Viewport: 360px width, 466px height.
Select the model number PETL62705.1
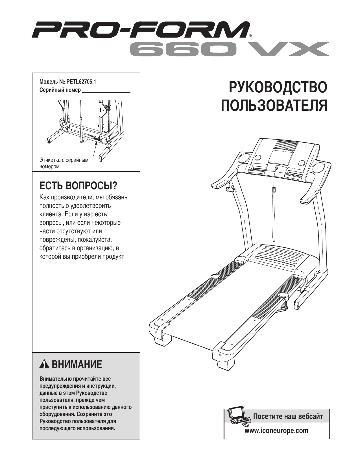pyautogui.click(x=81, y=82)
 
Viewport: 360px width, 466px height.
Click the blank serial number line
pyautogui.click(x=106, y=91)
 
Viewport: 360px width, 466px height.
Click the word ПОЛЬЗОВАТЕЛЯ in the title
pyautogui.click(x=274, y=105)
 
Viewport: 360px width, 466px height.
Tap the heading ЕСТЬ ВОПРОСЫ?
pyautogui.click(x=78, y=186)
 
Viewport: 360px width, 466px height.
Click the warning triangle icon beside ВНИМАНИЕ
pyautogui.click(x=44, y=365)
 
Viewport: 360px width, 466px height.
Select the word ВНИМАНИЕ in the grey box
pyautogui.click(x=77, y=365)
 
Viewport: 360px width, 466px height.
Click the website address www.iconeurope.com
pyautogui.click(x=276, y=431)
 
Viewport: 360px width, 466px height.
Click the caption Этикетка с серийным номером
pyautogui.click(x=64, y=163)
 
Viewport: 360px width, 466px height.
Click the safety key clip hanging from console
pyautogui.click(x=274, y=190)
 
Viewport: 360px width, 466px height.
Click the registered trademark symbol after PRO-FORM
pyautogui.click(x=250, y=36)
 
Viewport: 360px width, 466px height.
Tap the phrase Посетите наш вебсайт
pyautogui.click(x=288, y=416)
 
